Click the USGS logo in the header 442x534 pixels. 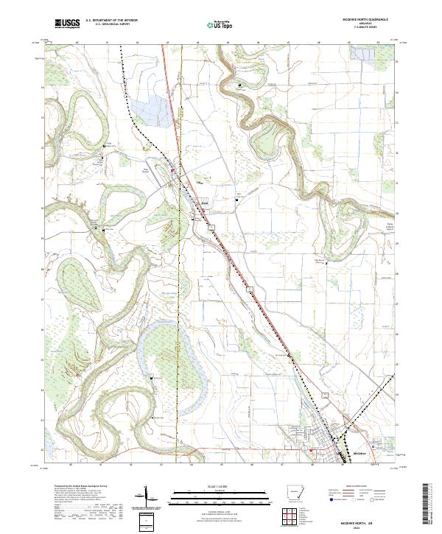click(x=66, y=24)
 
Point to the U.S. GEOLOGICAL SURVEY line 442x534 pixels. click(x=111, y=25)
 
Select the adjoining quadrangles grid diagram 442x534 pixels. click(x=294, y=512)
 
